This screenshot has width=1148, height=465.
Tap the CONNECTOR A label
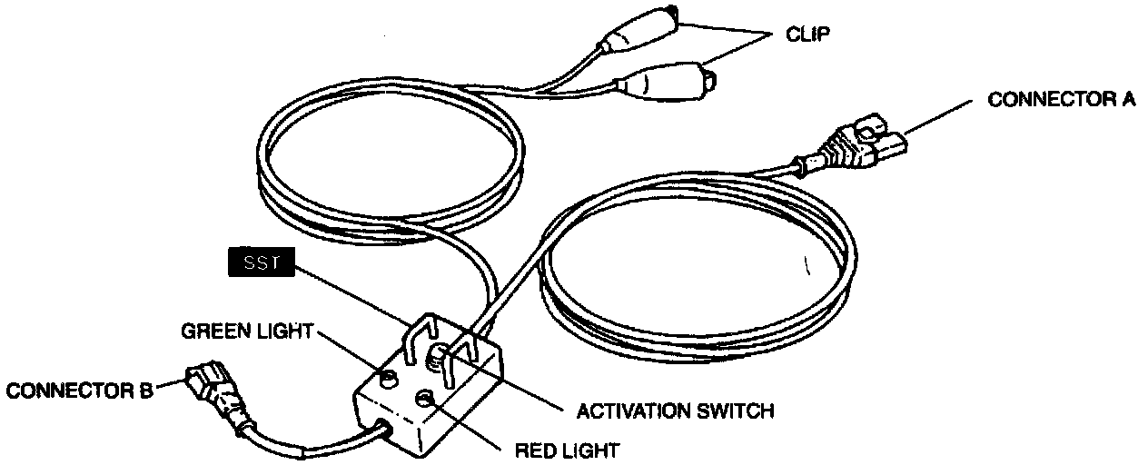(1061, 100)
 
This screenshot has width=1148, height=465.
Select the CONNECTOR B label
(79, 391)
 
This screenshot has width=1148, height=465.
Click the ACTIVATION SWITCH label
(675, 411)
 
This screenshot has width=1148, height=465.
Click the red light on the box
(423, 399)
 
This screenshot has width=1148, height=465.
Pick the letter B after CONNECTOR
(145, 391)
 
